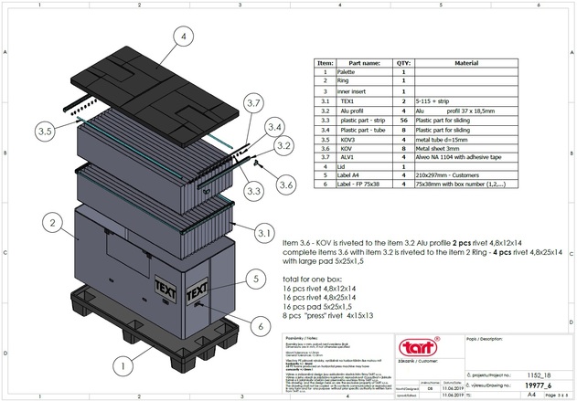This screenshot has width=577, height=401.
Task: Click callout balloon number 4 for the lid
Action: click(x=183, y=37)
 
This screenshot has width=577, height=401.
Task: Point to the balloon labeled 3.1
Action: click(x=265, y=235)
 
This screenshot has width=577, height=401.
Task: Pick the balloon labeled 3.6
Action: click(x=286, y=184)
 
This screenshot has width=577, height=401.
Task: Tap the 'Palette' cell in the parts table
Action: click(x=347, y=71)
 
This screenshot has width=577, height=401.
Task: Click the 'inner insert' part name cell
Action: click(x=351, y=91)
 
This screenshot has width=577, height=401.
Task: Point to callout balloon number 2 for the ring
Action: click(x=56, y=222)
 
